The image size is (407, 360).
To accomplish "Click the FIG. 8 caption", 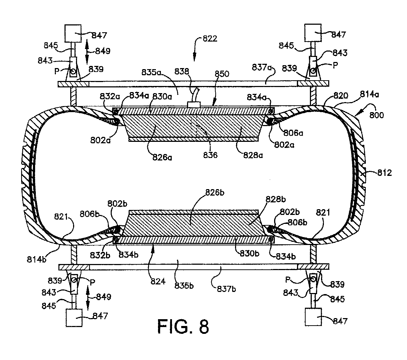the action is pyautogui.click(x=183, y=326).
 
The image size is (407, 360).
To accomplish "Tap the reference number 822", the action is pyautogui.click(x=210, y=39).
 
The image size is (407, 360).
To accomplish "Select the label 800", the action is pyautogui.click(x=377, y=115).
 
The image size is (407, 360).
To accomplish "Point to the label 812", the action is pyautogui.click(x=384, y=173).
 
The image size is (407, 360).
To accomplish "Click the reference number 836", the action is pyautogui.click(x=210, y=155).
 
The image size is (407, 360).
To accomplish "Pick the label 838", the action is pyautogui.click(x=182, y=71).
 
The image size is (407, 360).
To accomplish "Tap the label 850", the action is pyautogui.click(x=222, y=74).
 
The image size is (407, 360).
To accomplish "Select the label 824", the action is pyautogui.click(x=158, y=281).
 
